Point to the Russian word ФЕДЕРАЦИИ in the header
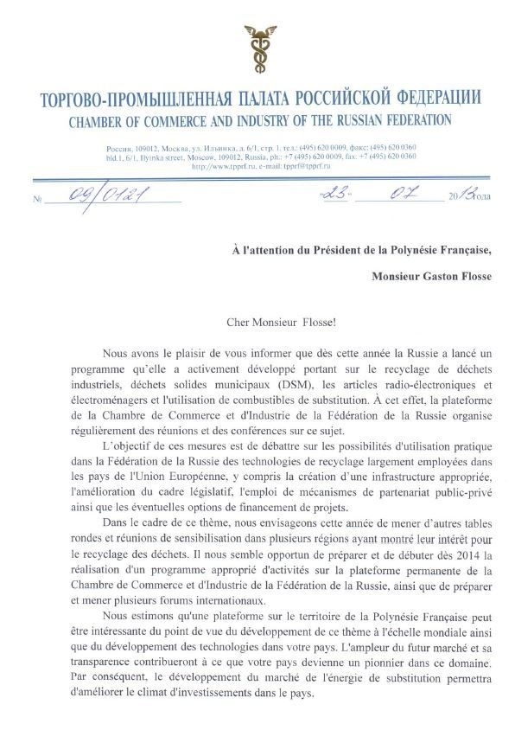click(430, 97)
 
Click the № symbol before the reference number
click(37, 200)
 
